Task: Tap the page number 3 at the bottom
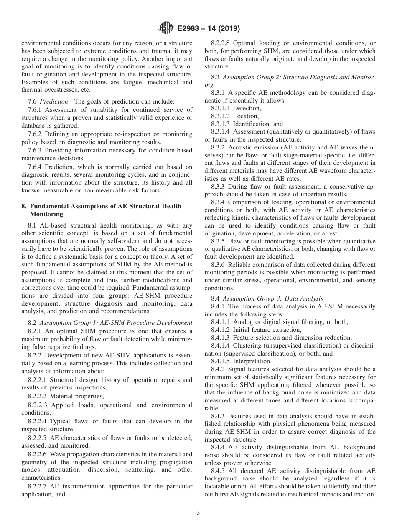click(198, 513)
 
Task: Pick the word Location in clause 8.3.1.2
click(246, 116)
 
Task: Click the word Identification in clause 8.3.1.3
click(252, 124)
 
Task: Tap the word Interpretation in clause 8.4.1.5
click(252, 361)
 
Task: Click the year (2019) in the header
click(228, 29)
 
